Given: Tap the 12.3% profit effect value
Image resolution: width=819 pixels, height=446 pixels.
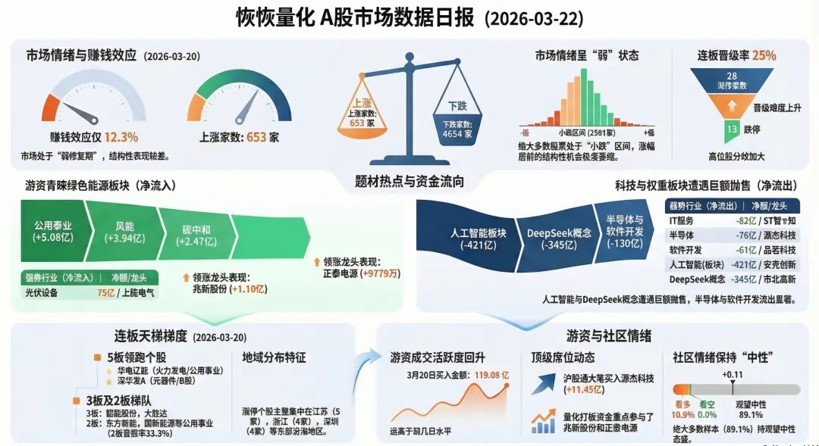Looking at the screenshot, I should pyautogui.click(x=121, y=137).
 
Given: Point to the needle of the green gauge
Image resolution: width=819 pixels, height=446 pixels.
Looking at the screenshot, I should pyautogui.click(x=246, y=111).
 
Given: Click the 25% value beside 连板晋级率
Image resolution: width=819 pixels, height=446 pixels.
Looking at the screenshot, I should pyautogui.click(x=764, y=55).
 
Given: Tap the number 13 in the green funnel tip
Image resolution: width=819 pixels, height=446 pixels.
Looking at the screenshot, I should pyautogui.click(x=732, y=129).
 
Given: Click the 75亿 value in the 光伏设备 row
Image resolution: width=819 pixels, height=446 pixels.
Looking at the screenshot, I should pyautogui.click(x=105, y=292).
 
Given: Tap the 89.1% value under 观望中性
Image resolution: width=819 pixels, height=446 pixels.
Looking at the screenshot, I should pyautogui.click(x=750, y=414).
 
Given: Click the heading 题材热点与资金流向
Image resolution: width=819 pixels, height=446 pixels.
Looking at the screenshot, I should pyautogui.click(x=409, y=182).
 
